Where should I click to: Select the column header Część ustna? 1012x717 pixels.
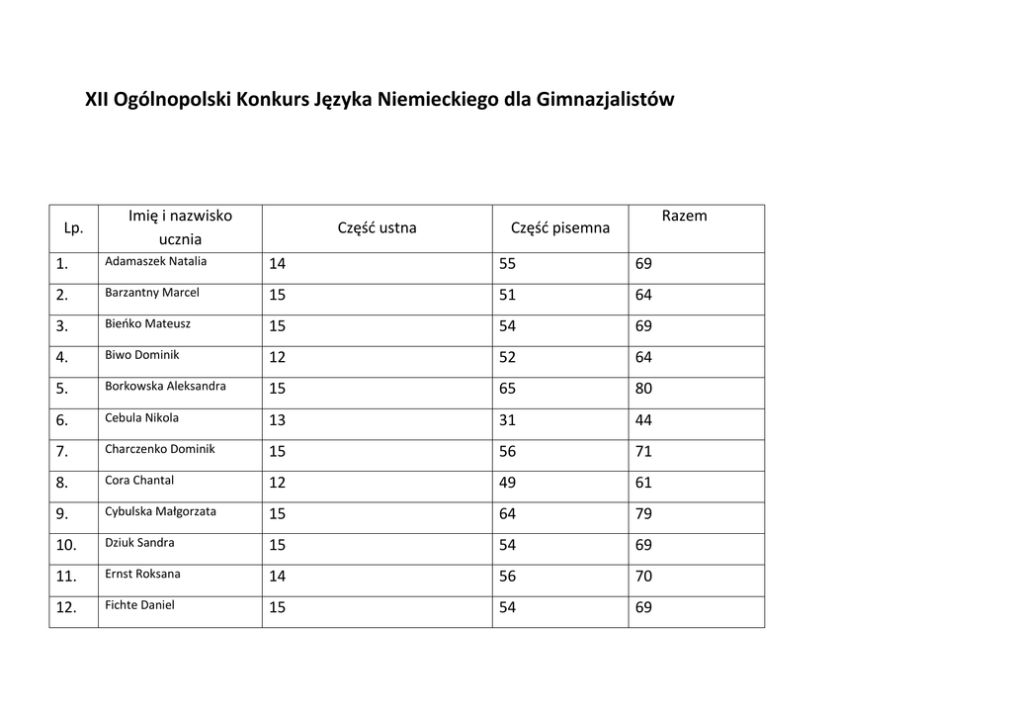(377, 228)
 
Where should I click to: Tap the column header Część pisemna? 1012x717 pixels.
(559, 228)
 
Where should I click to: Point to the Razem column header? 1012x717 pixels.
(684, 216)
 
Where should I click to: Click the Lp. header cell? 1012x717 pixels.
(73, 228)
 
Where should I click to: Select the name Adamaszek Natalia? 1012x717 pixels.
(155, 262)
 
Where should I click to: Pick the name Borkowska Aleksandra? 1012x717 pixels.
(165, 386)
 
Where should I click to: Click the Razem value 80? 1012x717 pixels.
(643, 389)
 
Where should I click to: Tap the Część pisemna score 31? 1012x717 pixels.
(507, 420)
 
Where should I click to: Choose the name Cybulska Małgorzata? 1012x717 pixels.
(160, 511)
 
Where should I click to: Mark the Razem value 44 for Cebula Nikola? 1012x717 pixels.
(643, 420)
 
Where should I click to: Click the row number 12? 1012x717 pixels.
(66, 608)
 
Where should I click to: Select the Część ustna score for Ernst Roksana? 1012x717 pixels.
(277, 577)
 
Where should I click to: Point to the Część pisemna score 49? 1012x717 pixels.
(507, 483)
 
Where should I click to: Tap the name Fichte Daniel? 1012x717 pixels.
(139, 604)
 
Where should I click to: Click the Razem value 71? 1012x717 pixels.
(643, 451)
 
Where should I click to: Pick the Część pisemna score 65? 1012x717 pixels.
(507, 389)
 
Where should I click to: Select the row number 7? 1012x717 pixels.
(62, 452)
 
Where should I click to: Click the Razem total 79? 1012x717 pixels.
(643, 514)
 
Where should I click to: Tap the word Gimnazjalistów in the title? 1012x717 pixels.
(605, 100)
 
